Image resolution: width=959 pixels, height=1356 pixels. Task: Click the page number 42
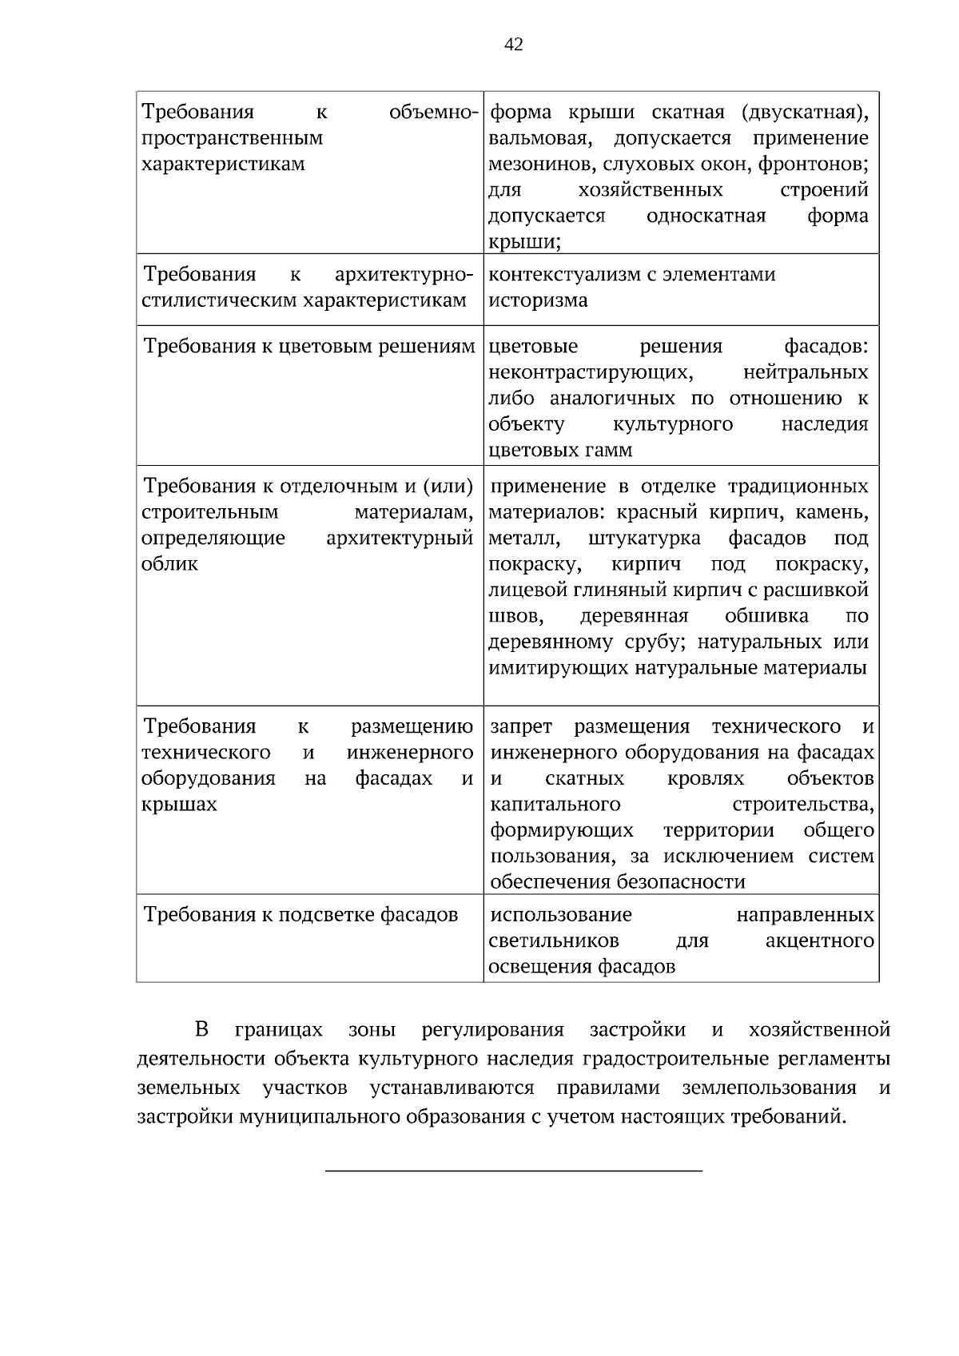tap(514, 45)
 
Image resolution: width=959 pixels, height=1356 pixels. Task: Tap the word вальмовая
tap(540, 138)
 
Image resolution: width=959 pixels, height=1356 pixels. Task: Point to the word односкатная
tap(706, 216)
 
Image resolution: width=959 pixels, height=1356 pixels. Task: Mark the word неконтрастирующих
tap(591, 372)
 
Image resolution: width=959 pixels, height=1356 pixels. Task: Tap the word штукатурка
tap(644, 539)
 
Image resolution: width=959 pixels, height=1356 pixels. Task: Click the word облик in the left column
tap(169, 564)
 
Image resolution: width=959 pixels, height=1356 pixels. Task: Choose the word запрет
tap(520, 726)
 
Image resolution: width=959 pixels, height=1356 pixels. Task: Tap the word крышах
tap(179, 805)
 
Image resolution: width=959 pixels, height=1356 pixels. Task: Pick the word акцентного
tap(819, 940)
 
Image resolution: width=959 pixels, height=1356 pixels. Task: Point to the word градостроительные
tap(677, 1060)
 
